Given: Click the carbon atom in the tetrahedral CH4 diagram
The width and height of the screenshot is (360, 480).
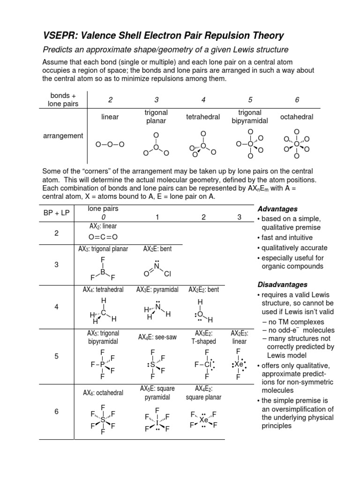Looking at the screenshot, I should point(103,312).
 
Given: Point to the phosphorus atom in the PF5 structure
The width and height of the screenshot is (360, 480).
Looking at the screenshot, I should point(102,364).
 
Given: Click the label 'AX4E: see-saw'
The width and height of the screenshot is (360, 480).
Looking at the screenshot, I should point(157,337).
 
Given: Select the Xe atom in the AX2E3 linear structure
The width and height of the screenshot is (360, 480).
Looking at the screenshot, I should point(239,363).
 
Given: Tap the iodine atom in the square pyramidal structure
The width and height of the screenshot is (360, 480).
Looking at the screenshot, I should point(157,422).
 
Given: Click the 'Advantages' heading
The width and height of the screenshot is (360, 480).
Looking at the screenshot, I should point(277,209).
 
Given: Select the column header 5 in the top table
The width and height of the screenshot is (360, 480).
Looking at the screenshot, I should point(250,100).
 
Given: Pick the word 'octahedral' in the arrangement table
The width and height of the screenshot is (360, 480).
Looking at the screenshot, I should point(296,116).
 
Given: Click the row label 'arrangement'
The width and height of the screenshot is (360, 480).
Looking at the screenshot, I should point(63,136).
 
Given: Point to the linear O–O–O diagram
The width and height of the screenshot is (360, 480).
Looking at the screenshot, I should point(110,144).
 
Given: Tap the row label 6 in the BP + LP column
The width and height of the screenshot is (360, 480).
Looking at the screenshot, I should point(56,412).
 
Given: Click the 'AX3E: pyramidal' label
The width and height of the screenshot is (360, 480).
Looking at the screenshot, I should point(157,290).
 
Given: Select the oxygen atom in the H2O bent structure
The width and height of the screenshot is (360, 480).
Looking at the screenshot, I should point(200,314).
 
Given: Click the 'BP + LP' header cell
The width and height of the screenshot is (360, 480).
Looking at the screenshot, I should point(56,212).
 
